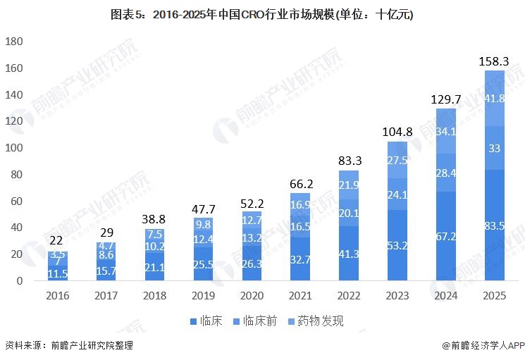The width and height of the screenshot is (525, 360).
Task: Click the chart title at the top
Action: click(x=262, y=15)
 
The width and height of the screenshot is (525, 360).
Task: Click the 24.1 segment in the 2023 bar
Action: click(x=397, y=194)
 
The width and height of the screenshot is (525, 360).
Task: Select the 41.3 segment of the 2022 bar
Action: click(x=348, y=252)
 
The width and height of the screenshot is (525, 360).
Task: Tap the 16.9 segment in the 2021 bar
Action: click(x=299, y=205)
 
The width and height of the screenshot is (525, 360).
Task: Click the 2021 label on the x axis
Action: click(x=299, y=296)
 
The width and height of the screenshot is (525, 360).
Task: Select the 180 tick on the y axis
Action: click(x=15, y=42)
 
